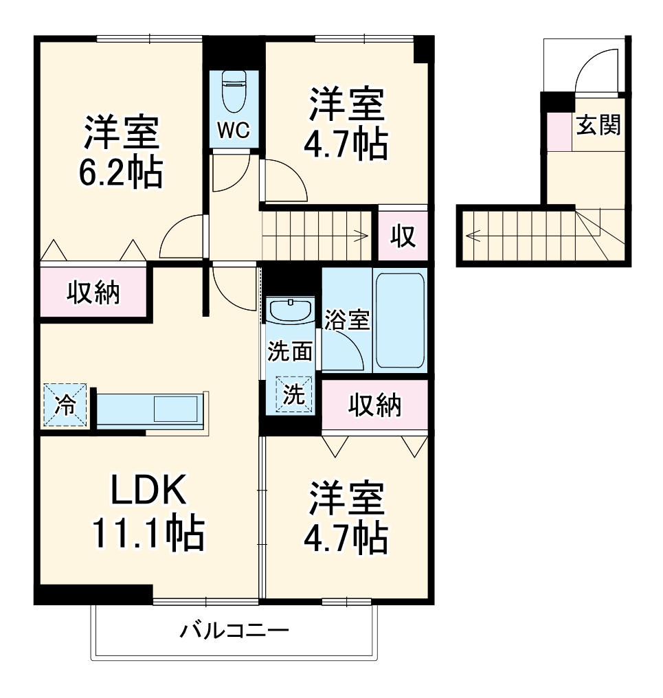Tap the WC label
tap(234, 130)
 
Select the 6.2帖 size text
tap(121, 172)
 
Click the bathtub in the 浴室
tap(400, 320)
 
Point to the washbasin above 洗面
tap(291, 311)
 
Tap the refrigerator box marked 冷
tap(65, 405)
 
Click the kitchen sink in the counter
tap(175, 409)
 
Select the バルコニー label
tap(234, 631)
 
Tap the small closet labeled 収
tap(403, 236)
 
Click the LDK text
tap(148, 490)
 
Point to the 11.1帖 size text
tap(148, 533)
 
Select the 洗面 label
tap(289, 352)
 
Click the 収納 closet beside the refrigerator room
tap(93, 293)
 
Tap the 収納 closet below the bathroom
tap(374, 405)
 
